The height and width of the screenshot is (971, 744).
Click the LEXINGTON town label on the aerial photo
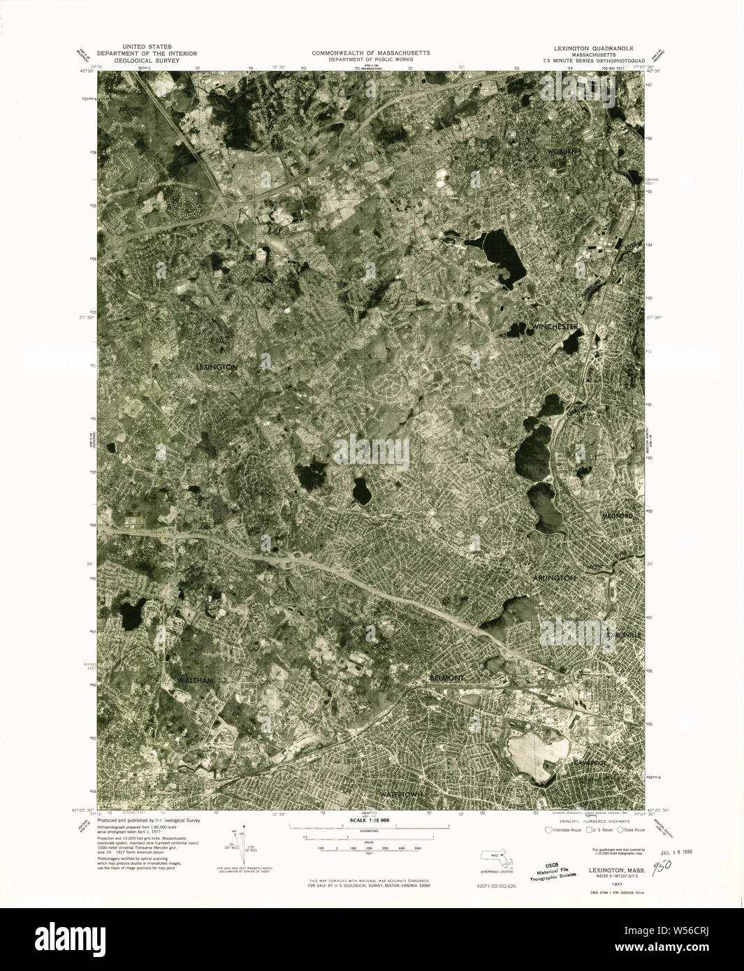pos(217,367)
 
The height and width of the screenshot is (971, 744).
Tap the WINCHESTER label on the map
pos(554,327)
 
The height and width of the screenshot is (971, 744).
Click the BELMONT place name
pos(446,678)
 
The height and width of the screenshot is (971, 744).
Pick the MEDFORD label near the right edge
pos(617,516)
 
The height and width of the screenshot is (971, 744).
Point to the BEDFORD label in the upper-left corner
pos(130,110)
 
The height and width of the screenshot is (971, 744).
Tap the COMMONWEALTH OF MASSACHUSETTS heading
pos(371,53)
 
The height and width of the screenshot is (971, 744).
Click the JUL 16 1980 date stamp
pos(671,853)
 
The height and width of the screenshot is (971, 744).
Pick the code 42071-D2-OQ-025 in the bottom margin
pos(491,885)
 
